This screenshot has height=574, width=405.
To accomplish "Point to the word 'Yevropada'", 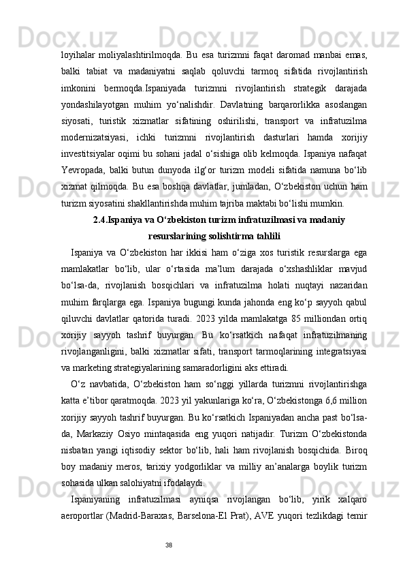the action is (x=81, y=184).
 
